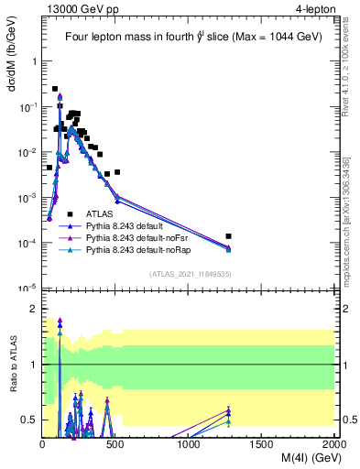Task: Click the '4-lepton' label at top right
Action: [311, 9]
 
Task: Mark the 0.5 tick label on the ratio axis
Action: [30, 420]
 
